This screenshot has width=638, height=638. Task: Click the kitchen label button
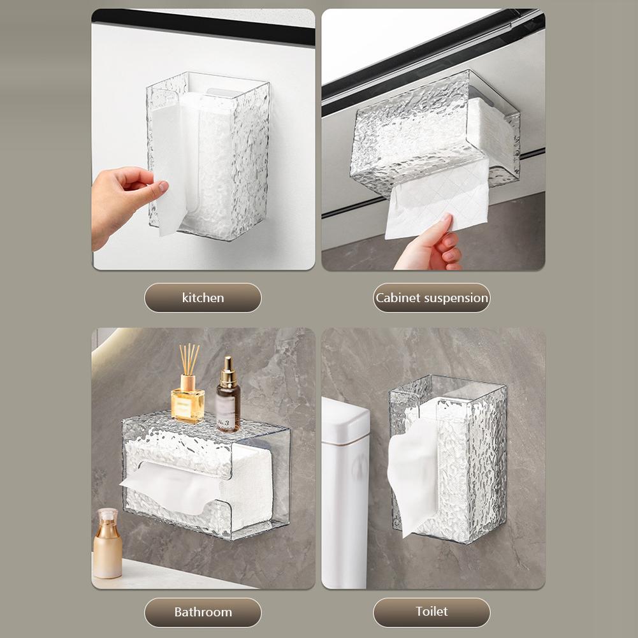pos(203,298)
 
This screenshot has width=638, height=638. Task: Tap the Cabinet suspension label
pos(431,298)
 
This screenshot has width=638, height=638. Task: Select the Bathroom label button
pos(203,613)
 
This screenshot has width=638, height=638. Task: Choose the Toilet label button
pos(431,613)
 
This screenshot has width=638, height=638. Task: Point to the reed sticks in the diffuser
pos(189,359)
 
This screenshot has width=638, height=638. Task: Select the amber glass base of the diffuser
pos(187,405)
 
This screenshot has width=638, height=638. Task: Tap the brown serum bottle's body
pos(228,409)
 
